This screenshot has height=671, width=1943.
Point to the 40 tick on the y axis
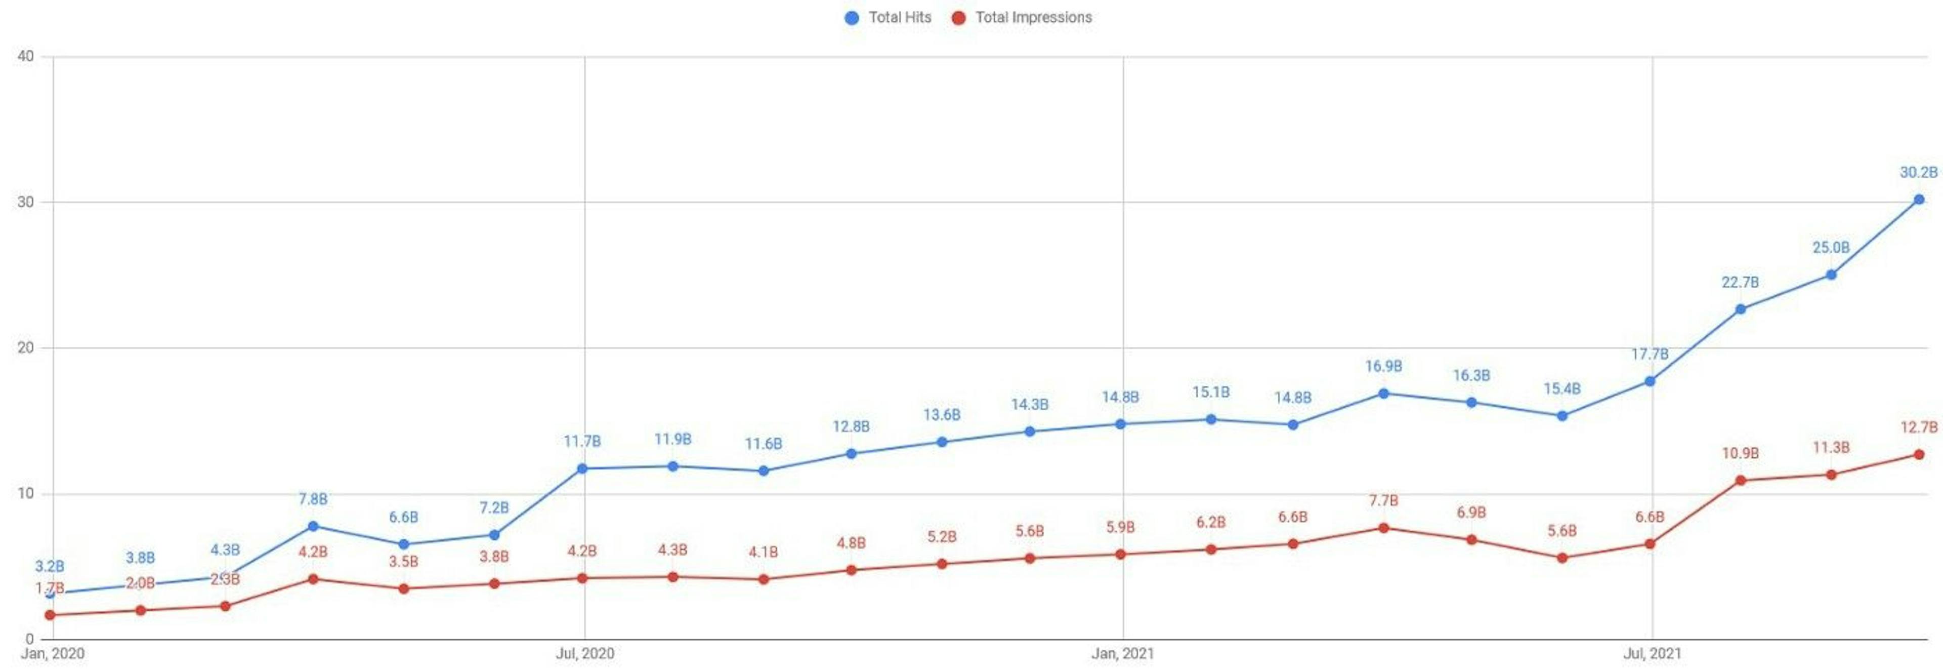pos(26,57)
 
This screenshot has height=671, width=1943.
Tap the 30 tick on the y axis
pos(26,202)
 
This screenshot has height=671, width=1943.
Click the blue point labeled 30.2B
pos(1918,199)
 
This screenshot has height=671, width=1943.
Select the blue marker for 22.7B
pos(1740,309)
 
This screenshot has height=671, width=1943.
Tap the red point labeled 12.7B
pos(1918,454)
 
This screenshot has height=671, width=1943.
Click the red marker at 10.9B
pos(1740,481)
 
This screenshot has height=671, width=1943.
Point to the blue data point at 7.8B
pos(313,526)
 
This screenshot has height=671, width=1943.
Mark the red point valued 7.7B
pos(1383,528)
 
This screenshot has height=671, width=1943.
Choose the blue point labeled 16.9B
pos(1383,393)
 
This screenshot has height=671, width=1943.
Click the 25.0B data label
pos(1831,248)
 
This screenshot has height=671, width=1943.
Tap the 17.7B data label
pos(1650,354)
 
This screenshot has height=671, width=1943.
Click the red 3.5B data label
pos(404,562)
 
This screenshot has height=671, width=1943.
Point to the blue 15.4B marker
pos(1562,416)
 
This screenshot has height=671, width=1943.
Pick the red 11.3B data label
pos(1831,448)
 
